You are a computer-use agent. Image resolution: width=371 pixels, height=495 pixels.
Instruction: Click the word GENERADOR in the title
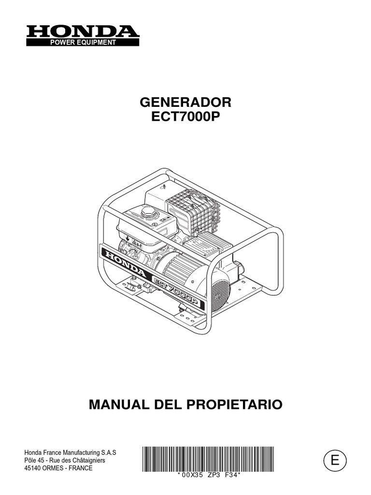point(185,102)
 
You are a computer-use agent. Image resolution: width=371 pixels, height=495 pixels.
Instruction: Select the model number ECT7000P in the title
point(185,117)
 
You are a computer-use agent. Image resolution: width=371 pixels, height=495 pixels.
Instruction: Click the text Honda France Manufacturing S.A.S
point(71,452)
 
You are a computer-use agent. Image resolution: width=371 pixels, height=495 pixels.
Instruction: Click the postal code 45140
point(33,468)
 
